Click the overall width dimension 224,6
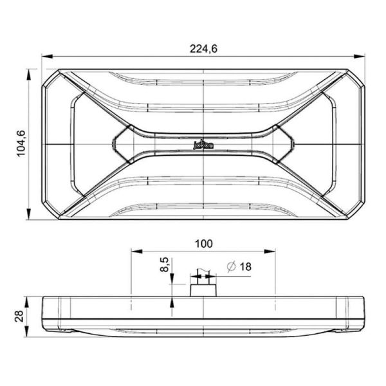click(203, 48)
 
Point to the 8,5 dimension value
click(165, 264)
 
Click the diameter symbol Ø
click(230, 266)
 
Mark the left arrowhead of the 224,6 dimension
click(44, 57)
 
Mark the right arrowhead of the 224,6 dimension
click(362, 57)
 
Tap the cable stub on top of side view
click(203, 286)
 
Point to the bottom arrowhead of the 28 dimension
click(28, 331)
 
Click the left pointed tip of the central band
click(112, 144)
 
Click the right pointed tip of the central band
click(295, 144)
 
